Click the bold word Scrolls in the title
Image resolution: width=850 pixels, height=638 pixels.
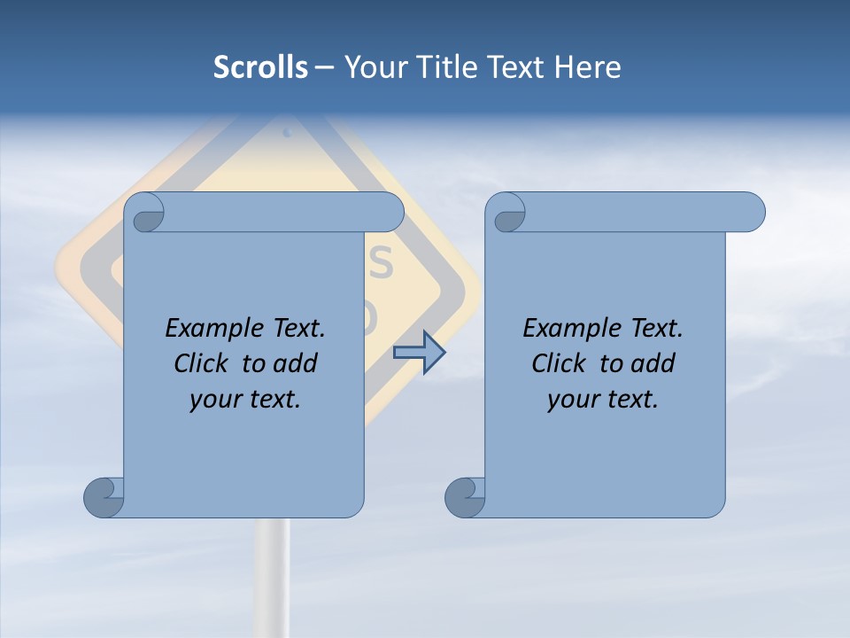pos(260,67)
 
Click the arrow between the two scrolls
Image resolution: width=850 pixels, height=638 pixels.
pos(419,353)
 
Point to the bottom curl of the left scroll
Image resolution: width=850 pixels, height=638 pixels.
pos(103,497)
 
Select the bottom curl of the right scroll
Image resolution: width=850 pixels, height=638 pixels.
pos(464,497)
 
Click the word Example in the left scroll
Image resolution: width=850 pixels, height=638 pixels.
pos(212,329)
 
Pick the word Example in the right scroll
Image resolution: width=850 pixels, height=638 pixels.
pos(570,329)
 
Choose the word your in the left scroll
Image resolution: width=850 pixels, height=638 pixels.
pos(215,400)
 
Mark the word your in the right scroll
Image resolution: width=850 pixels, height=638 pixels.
pos(573,400)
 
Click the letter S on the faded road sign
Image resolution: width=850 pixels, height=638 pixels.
pos(380,261)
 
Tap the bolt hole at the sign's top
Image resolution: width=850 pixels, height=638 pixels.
pos(287,132)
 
